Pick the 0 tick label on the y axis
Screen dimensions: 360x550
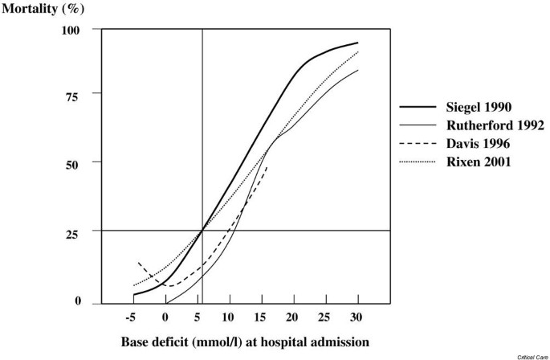click(78, 302)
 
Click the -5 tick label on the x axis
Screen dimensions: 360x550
click(132, 317)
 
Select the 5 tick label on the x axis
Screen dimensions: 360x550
click(198, 317)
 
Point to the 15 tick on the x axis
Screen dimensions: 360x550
click(261, 317)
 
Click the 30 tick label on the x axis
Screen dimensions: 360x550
click(356, 317)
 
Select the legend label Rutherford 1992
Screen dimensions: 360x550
click(495, 125)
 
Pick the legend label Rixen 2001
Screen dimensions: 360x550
click(479, 162)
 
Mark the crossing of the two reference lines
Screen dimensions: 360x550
click(202, 231)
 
